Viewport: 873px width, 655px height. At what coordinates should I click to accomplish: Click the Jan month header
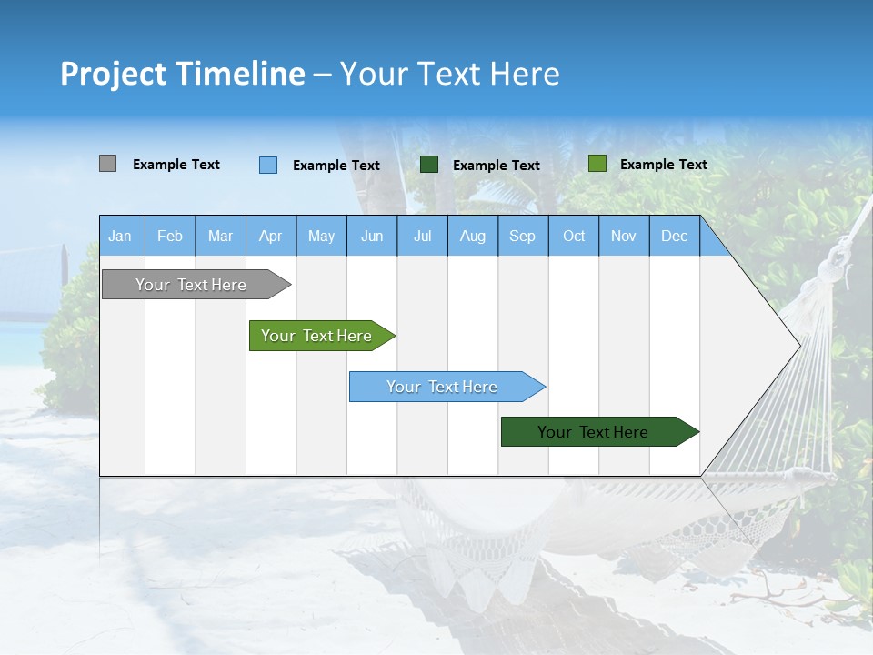coord(121,237)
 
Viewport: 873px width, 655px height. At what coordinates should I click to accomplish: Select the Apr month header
coord(271,237)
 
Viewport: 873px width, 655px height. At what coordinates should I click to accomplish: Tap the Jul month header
coord(422,237)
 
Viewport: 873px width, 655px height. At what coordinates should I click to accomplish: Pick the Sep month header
coord(522,237)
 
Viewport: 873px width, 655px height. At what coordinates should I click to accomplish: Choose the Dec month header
coord(674,237)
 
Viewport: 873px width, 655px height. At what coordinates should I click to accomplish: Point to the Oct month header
coord(574,237)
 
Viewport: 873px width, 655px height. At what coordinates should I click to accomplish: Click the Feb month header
coord(170,237)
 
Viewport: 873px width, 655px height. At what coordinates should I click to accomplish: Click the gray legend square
coord(107,164)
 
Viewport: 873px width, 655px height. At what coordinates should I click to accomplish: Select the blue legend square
coord(268,165)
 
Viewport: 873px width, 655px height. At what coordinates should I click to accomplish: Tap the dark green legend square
coord(429,165)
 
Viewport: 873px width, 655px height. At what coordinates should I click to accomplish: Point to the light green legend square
coord(597,164)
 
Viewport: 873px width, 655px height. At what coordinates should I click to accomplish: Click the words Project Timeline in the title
coord(182,74)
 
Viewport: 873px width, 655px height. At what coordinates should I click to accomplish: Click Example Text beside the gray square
coord(176,165)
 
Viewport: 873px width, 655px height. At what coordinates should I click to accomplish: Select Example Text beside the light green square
coord(663,165)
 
